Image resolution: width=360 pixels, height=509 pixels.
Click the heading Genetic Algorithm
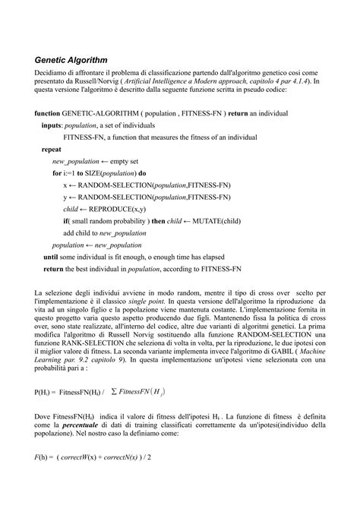tap(71, 59)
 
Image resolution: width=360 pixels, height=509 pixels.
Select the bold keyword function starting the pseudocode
tap(49, 113)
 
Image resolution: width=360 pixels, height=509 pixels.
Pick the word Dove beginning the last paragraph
tap(43, 417)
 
